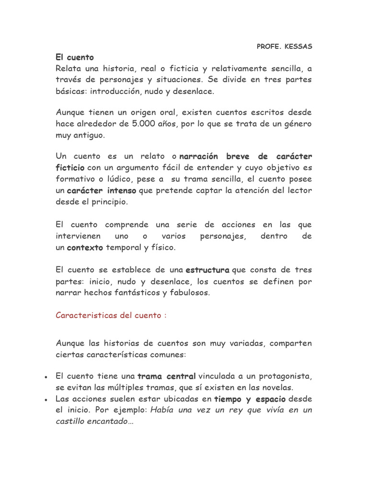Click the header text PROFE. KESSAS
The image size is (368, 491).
click(284, 47)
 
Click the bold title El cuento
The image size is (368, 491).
click(75, 58)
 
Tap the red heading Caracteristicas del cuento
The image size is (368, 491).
click(111, 316)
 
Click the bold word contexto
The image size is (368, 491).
click(85, 248)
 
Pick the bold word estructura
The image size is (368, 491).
click(207, 270)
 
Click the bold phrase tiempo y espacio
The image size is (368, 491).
click(250, 399)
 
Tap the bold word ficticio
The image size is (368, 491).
click(70, 167)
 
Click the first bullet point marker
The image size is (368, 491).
click(44, 377)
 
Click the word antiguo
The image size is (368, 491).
click(89, 135)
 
